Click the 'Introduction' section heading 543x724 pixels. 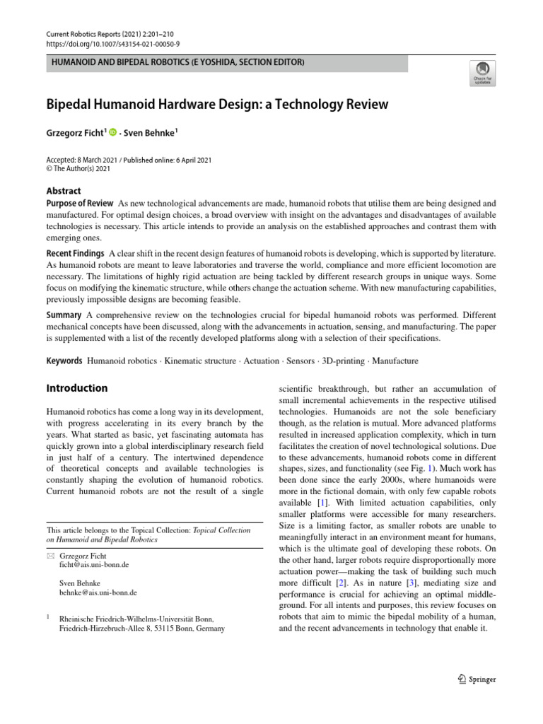click(76, 388)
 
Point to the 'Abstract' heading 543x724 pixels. click(64, 191)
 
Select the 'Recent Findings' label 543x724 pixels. click(76, 253)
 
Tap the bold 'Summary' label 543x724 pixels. click(64, 313)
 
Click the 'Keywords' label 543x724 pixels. click(64, 361)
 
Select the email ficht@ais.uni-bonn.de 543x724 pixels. click(95, 566)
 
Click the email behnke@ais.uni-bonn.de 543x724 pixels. click(98, 592)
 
